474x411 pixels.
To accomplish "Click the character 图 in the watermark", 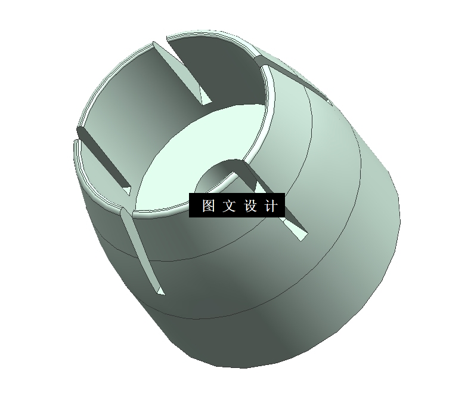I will pos(208,206).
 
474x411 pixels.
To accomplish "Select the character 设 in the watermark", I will pos(250,206).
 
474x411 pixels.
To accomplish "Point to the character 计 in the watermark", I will pos(271,206).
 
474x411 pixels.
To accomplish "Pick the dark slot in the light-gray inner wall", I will pos(101,158).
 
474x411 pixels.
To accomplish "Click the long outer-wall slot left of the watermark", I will pos(140,251).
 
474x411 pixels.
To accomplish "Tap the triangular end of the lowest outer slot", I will pos(159,291).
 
